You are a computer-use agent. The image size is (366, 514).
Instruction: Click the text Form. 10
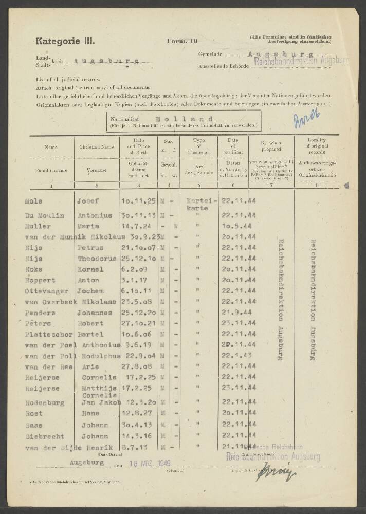point(179,41)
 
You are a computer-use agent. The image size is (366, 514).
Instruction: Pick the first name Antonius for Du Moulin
point(96,215)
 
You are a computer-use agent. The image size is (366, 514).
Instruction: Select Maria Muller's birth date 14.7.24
point(135,226)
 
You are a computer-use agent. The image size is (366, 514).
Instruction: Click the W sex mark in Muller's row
point(175,226)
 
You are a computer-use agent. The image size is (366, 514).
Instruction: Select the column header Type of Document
point(199,146)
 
